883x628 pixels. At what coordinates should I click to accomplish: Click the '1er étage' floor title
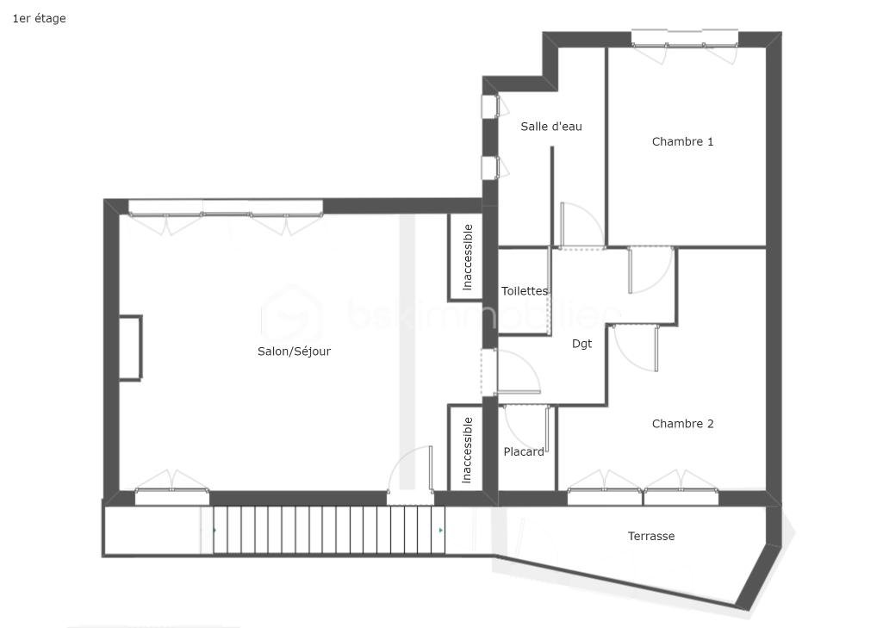pos(39,19)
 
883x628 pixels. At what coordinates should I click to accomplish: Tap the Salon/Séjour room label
pos(294,351)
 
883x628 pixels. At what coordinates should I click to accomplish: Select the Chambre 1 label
pos(682,142)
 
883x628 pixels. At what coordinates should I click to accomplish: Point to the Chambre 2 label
pos(682,424)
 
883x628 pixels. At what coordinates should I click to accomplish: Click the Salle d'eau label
pos(550,127)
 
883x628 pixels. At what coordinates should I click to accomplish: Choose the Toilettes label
pos(525,291)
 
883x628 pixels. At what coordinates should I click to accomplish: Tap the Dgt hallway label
pos(581,344)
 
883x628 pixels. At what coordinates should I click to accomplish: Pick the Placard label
pos(524,451)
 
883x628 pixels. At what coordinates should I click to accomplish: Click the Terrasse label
pos(651,536)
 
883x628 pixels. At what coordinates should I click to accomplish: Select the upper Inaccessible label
pos(468,258)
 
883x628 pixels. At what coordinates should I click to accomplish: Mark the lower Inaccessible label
pos(467,450)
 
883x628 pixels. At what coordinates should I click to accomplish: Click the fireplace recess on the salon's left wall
pos(130,347)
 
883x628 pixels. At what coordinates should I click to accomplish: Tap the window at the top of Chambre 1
pos(684,44)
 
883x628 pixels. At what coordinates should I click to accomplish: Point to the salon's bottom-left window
pos(171,489)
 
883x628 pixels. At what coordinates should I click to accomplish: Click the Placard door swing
pos(526,427)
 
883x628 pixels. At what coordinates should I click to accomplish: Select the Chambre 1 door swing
pos(651,270)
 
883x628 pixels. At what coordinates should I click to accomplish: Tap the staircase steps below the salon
pos(329,530)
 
